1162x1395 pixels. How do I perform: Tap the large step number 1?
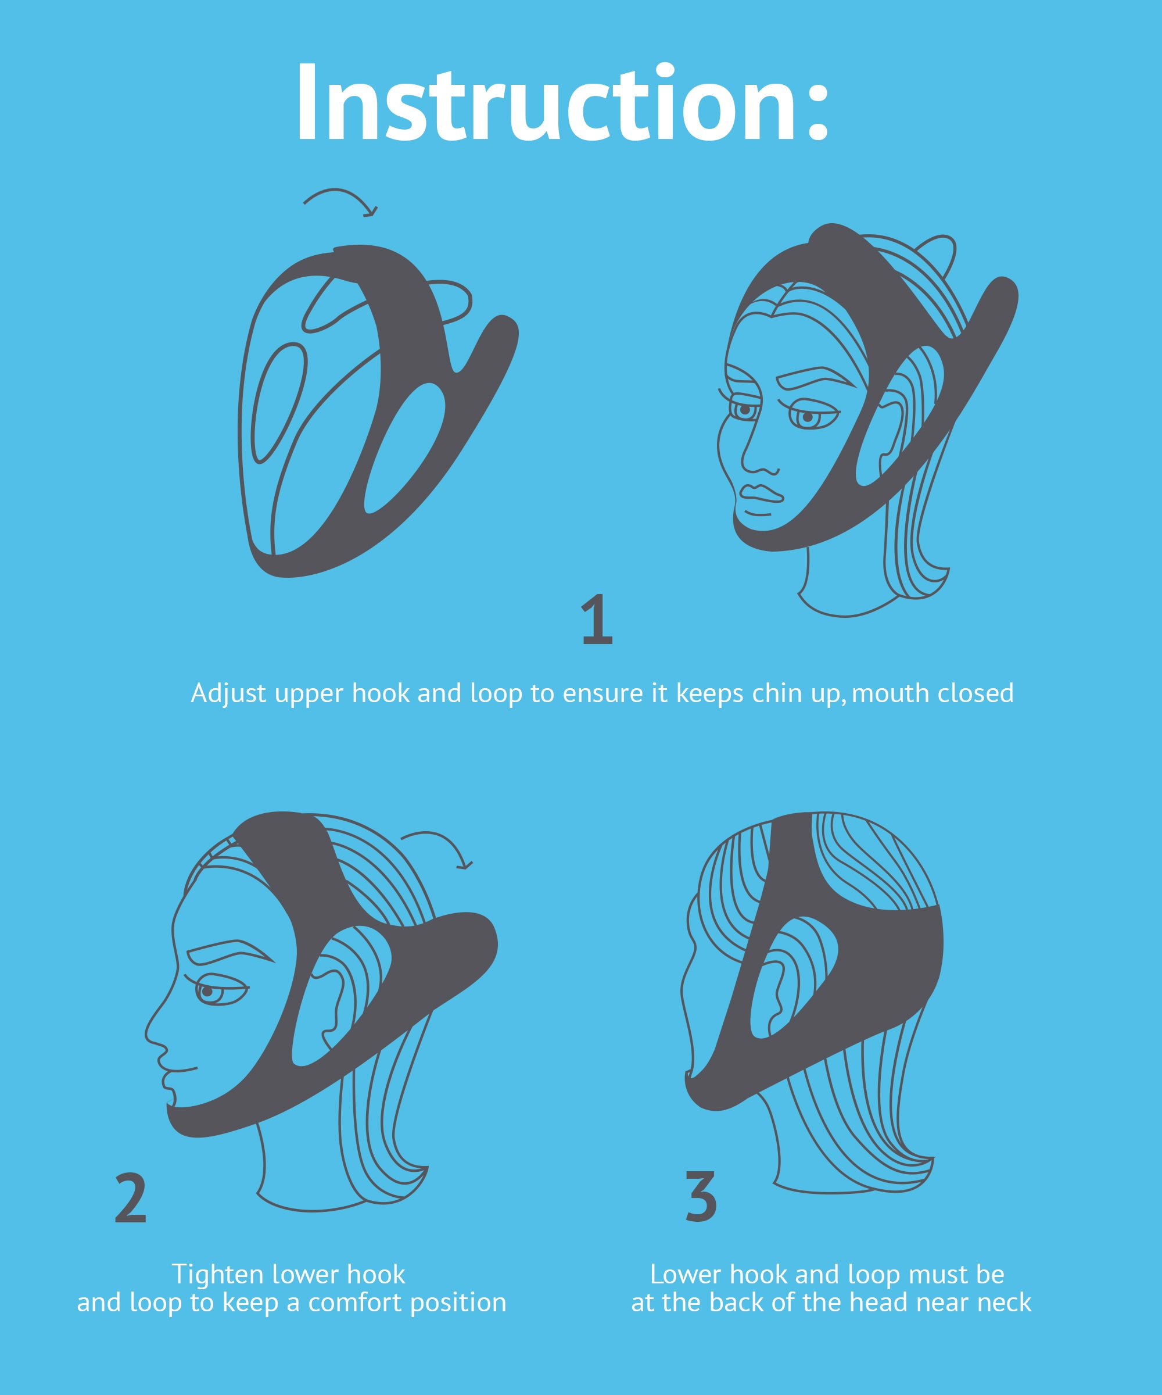click(x=597, y=620)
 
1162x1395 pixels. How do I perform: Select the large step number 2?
click(x=130, y=1199)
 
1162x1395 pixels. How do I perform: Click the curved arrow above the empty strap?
click(x=340, y=201)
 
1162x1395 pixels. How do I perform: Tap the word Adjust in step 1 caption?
click(x=228, y=693)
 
